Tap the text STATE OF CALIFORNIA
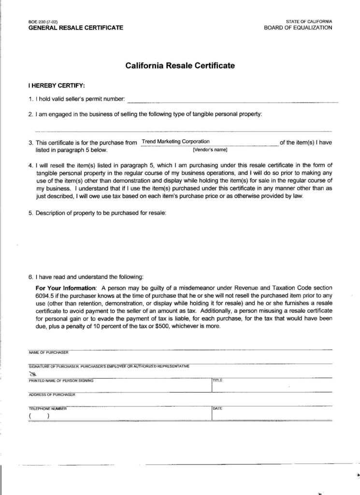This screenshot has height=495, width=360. [x=309, y=22]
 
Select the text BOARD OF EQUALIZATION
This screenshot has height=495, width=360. [x=298, y=28]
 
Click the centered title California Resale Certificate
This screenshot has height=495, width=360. [x=180, y=65]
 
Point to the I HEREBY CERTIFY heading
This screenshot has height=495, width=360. [x=57, y=86]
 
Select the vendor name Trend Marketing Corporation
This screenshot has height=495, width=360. [x=176, y=142]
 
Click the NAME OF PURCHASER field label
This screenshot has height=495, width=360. [x=48, y=352]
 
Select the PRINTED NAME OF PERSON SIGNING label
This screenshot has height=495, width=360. [x=61, y=380]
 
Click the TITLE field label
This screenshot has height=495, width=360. [x=217, y=380]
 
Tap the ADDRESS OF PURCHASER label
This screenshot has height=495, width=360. [x=52, y=394]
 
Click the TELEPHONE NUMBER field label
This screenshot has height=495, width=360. [x=47, y=408]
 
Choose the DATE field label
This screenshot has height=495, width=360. [x=217, y=408]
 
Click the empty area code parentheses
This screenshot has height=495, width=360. [x=39, y=416]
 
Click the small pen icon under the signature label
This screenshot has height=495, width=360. [x=33, y=374]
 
